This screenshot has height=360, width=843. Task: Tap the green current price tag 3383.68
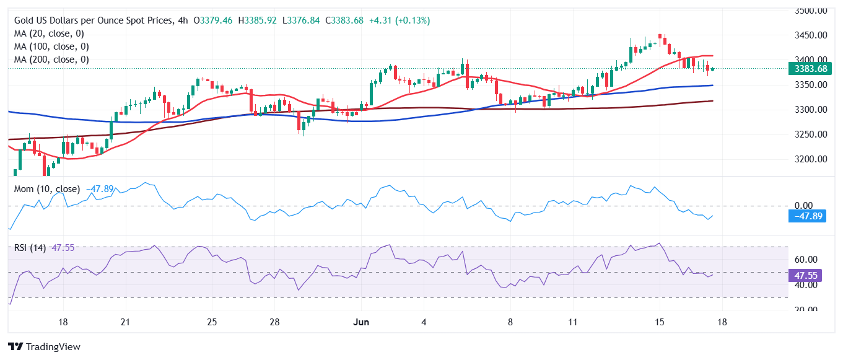click(x=810, y=69)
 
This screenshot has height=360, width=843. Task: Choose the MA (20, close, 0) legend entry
click(x=49, y=33)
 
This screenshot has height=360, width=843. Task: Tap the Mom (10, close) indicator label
click(x=46, y=189)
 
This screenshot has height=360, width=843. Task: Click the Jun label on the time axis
click(x=362, y=322)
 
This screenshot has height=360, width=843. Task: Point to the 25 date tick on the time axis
click(x=211, y=322)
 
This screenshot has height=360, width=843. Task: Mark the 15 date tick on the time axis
click(x=659, y=322)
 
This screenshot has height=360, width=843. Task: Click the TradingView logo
click(x=44, y=347)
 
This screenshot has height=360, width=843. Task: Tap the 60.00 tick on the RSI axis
click(x=806, y=260)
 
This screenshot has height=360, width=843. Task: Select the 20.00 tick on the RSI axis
click(x=806, y=310)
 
